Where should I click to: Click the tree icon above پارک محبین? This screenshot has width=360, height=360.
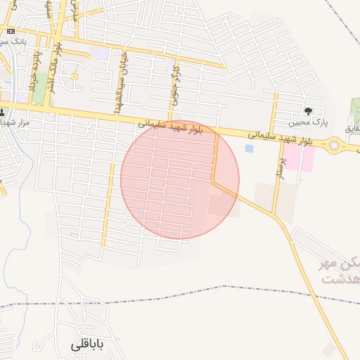tap(308, 111)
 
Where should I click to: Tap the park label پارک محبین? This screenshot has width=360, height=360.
tap(310, 122)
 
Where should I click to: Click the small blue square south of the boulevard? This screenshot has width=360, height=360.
tap(249, 148)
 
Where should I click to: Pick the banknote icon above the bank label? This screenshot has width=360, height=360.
tap(10, 31)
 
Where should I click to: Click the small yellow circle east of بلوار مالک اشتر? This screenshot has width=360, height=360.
tap(74, 77)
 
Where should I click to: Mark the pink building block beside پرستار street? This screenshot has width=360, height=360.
tap(299, 157)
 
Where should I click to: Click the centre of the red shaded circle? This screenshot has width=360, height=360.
tap(180, 179)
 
